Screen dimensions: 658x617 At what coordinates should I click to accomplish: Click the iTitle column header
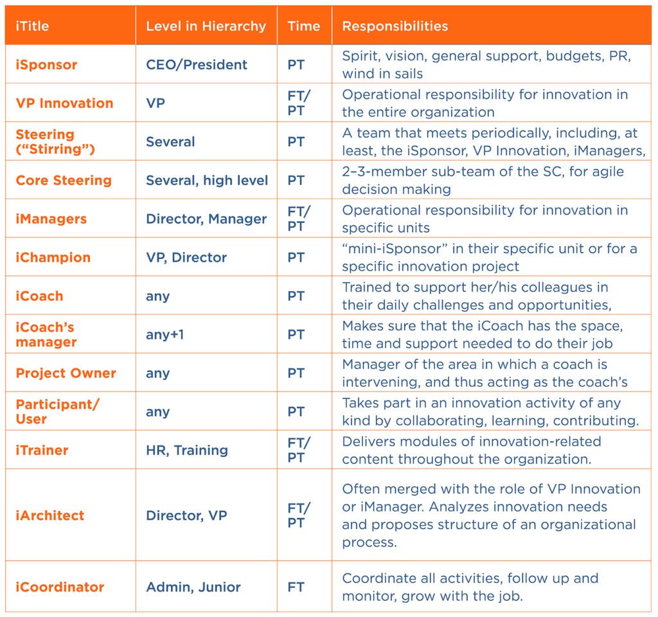tap(32, 26)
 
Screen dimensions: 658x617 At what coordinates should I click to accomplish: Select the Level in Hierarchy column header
tap(206, 26)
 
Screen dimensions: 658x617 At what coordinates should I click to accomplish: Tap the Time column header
tap(304, 26)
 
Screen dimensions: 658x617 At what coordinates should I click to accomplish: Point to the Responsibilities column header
tap(395, 26)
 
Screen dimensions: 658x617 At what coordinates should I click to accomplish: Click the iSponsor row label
tap(46, 65)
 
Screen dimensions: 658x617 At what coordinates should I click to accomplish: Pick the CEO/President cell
tap(197, 65)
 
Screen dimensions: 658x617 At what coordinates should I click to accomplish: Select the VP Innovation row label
tap(65, 103)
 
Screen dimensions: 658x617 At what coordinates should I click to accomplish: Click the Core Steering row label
tap(64, 181)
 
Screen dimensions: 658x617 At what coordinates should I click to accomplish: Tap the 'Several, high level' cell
tap(207, 181)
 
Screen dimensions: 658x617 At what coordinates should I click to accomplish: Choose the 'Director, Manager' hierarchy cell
tap(206, 219)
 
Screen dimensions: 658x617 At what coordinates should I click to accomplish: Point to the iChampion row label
tap(53, 257)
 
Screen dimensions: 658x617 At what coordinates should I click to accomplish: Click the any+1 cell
tap(165, 334)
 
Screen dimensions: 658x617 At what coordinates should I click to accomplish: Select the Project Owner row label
tap(66, 373)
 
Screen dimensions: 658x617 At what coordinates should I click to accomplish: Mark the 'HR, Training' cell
tap(187, 451)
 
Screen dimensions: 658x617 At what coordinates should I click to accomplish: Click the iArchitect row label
tap(50, 515)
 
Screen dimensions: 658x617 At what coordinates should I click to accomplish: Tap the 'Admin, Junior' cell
tap(193, 587)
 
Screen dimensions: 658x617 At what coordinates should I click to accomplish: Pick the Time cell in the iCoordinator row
tap(296, 587)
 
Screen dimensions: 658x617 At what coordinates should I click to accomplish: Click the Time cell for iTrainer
tap(298, 451)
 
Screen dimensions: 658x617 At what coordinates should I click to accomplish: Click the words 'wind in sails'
tap(382, 74)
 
